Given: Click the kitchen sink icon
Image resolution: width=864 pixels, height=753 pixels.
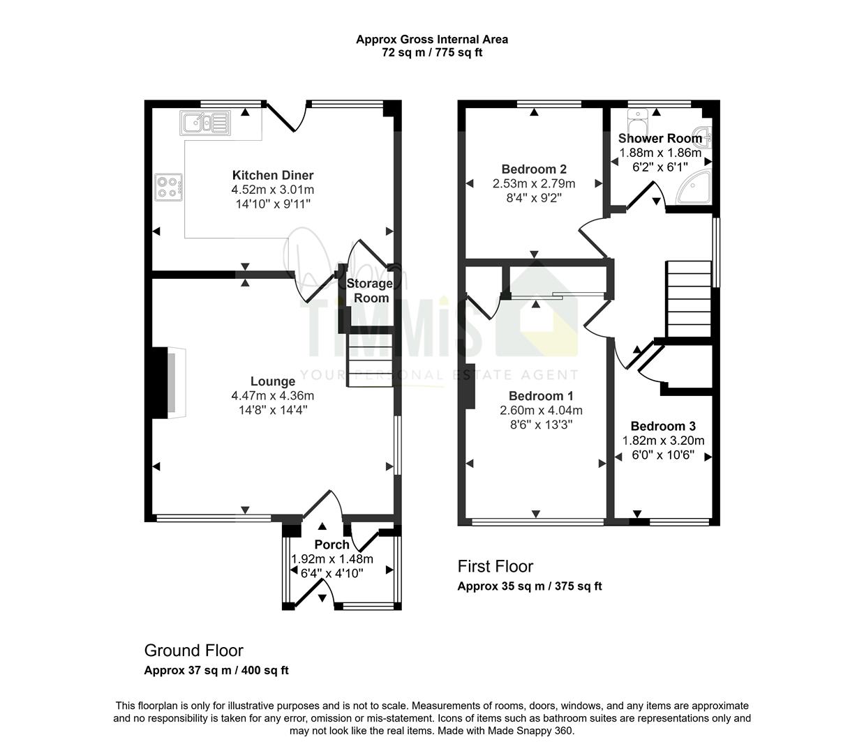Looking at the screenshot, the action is coord(205,123).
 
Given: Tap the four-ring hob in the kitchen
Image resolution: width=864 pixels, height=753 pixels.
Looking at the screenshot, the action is coord(168,188).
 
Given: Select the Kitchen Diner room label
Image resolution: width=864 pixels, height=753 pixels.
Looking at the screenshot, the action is coord(273,175).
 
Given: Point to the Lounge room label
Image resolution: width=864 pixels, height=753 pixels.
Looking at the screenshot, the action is coord(273,381).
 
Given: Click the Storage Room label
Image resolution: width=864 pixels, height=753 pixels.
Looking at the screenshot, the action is coord(370,291).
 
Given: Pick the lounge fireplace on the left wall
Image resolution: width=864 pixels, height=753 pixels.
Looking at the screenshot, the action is coord(169,383).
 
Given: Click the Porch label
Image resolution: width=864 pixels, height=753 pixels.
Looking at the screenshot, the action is coord(332,545).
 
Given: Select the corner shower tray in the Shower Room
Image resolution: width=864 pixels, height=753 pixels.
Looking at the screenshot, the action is coord(694,187).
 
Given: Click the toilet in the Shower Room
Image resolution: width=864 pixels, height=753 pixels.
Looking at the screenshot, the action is coord(638,121).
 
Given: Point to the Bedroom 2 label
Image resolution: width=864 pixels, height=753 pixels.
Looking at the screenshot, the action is coord(534,169).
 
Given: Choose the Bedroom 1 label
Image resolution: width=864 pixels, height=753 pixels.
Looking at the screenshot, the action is coord(541,396).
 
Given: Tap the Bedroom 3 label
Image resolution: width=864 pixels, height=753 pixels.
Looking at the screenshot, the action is coord(663,427).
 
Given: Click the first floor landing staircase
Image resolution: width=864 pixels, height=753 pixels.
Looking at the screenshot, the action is coord(689,299).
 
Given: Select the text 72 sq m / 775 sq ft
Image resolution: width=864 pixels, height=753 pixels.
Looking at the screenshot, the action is coord(432,53).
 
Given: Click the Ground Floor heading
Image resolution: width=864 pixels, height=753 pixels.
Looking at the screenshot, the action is coord(194,651).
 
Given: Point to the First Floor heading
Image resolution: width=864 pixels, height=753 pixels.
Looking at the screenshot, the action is coord(496,566).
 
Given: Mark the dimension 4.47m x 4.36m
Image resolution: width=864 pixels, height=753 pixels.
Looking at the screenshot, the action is coord(273,396).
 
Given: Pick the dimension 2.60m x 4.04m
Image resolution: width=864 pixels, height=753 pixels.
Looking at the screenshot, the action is coord(541,410).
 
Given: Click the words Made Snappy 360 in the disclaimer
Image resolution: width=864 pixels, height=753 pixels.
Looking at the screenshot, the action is coord(530,731).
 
